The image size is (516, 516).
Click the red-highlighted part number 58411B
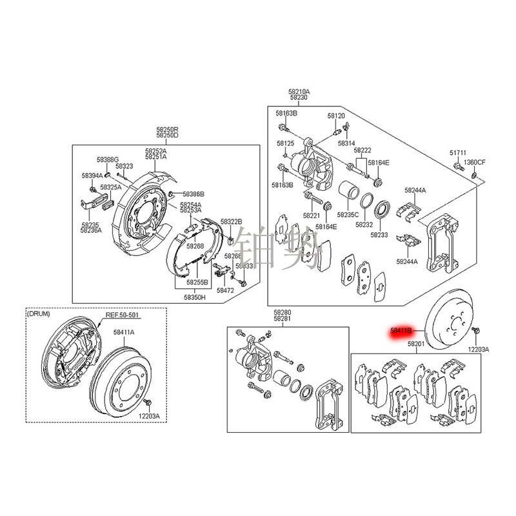(x=405, y=332)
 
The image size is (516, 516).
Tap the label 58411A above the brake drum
(x=124, y=332)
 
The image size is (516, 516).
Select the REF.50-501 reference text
(x=123, y=315)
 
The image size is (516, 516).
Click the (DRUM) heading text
(x=39, y=314)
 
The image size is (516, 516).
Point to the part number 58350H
(x=194, y=297)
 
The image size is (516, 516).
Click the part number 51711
(x=457, y=153)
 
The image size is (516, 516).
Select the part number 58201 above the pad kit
(x=415, y=345)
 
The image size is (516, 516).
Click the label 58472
(x=225, y=291)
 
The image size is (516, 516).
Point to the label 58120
(x=336, y=115)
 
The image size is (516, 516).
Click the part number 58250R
(x=166, y=130)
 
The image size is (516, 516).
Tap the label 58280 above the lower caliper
(x=282, y=312)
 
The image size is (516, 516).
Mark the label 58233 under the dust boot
(x=379, y=235)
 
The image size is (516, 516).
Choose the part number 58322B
(x=231, y=221)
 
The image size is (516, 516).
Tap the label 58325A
(x=110, y=187)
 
